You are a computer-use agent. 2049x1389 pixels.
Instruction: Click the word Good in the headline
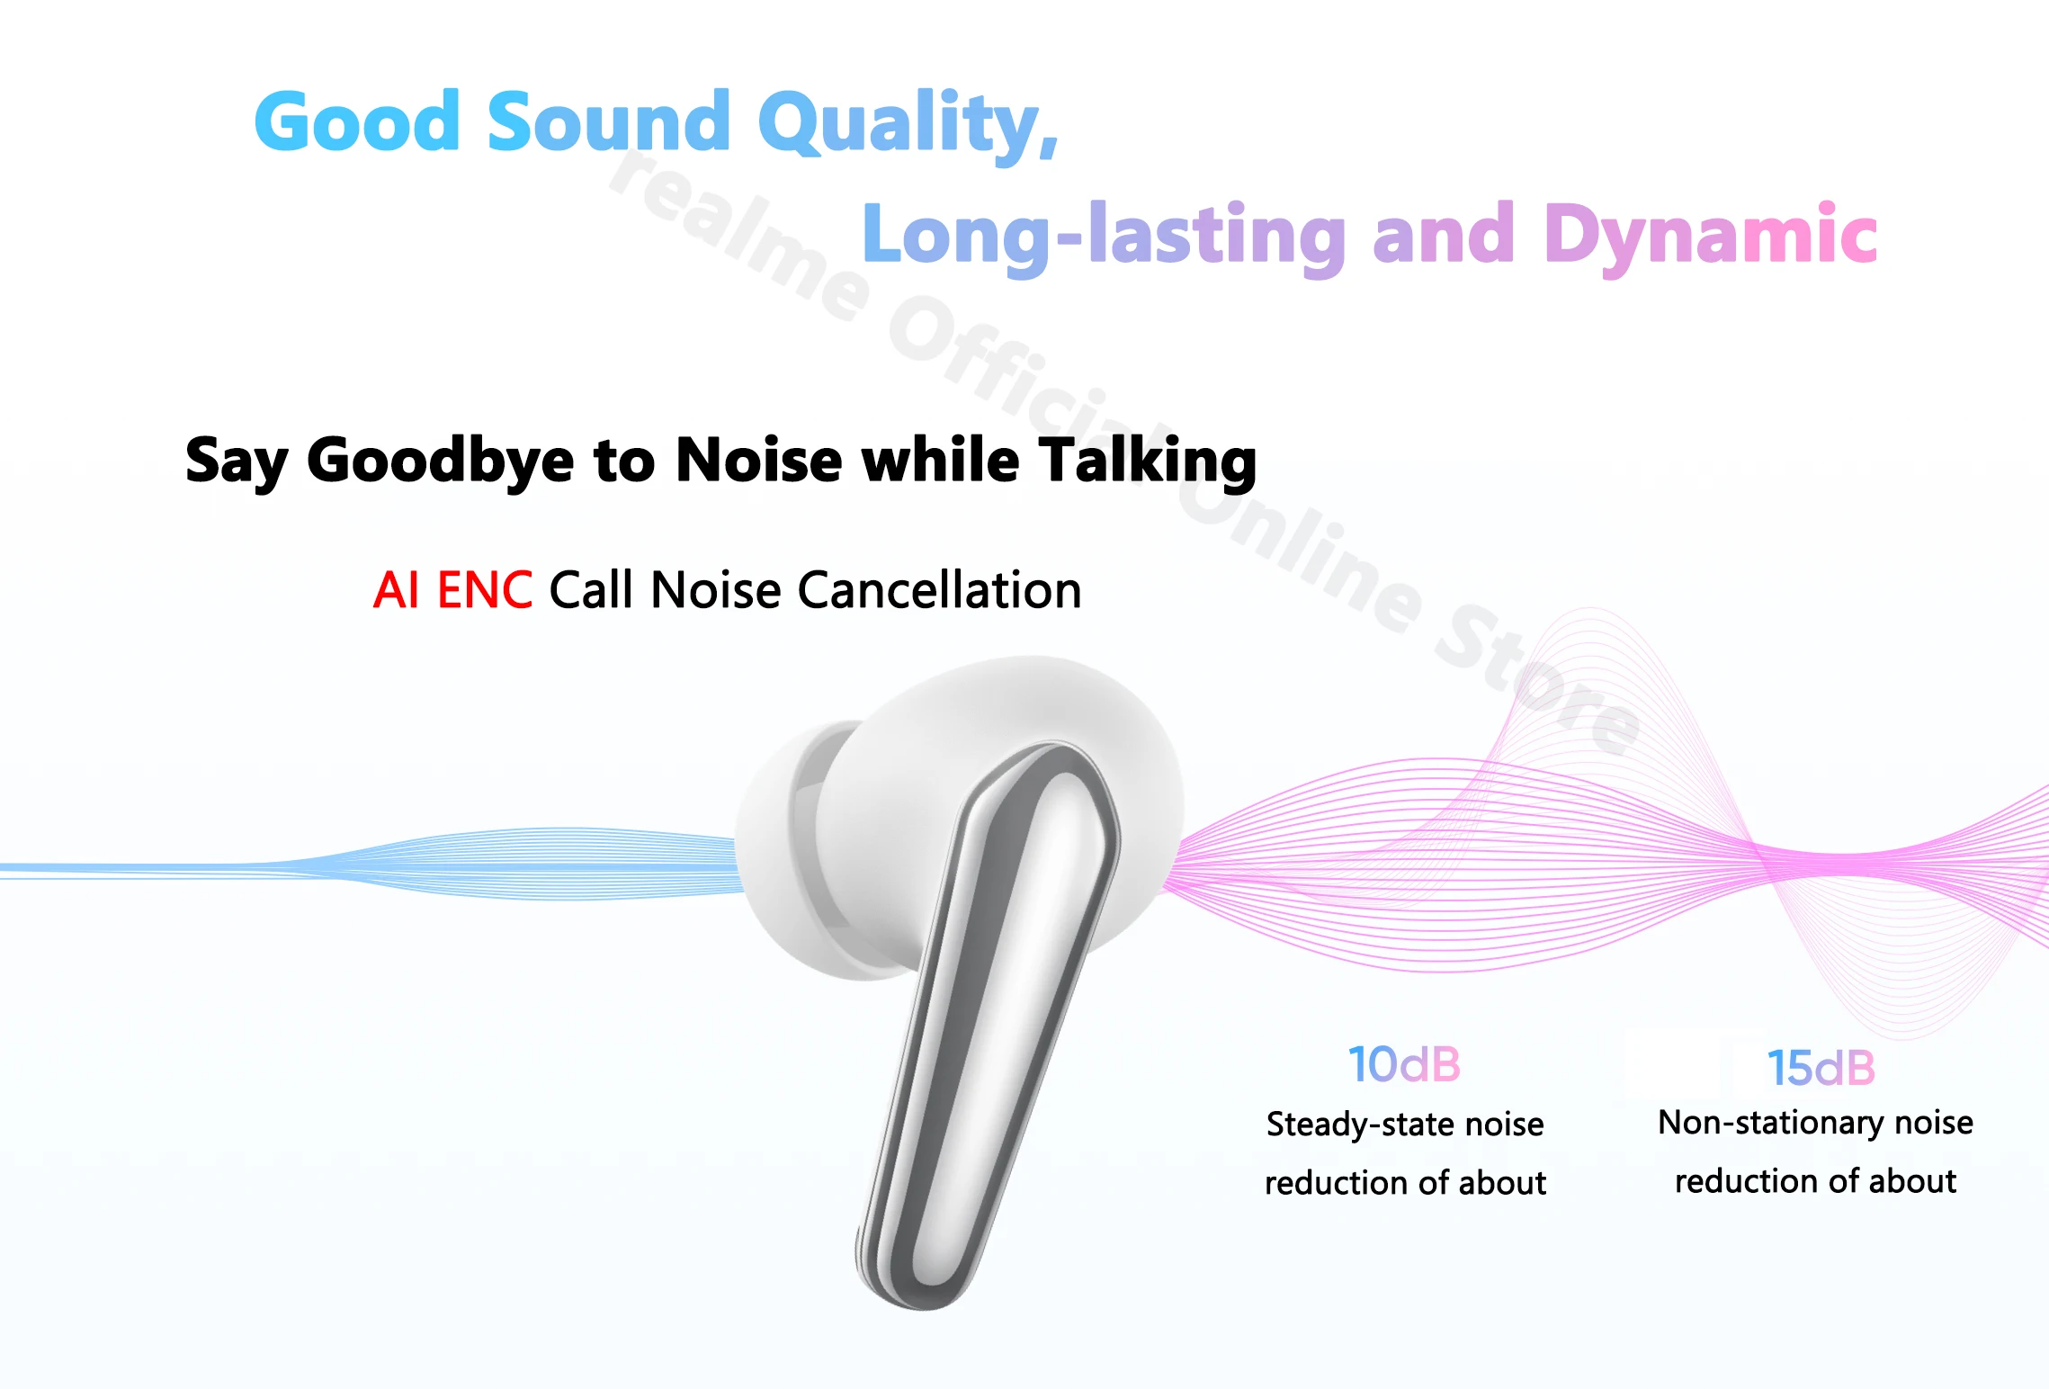(x=358, y=121)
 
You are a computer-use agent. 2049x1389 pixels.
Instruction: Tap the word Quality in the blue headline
(x=908, y=125)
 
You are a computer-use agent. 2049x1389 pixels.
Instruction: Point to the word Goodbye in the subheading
(x=440, y=461)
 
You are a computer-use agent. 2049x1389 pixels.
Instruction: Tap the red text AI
(x=397, y=590)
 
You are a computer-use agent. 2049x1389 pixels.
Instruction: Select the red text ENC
(x=485, y=590)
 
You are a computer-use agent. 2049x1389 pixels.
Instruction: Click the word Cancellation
(x=939, y=590)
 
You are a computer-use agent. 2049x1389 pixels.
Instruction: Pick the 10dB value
(x=1404, y=1064)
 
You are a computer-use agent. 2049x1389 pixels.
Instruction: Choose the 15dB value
(x=1821, y=1068)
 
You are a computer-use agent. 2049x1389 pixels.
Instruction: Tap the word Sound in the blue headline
(x=609, y=121)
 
